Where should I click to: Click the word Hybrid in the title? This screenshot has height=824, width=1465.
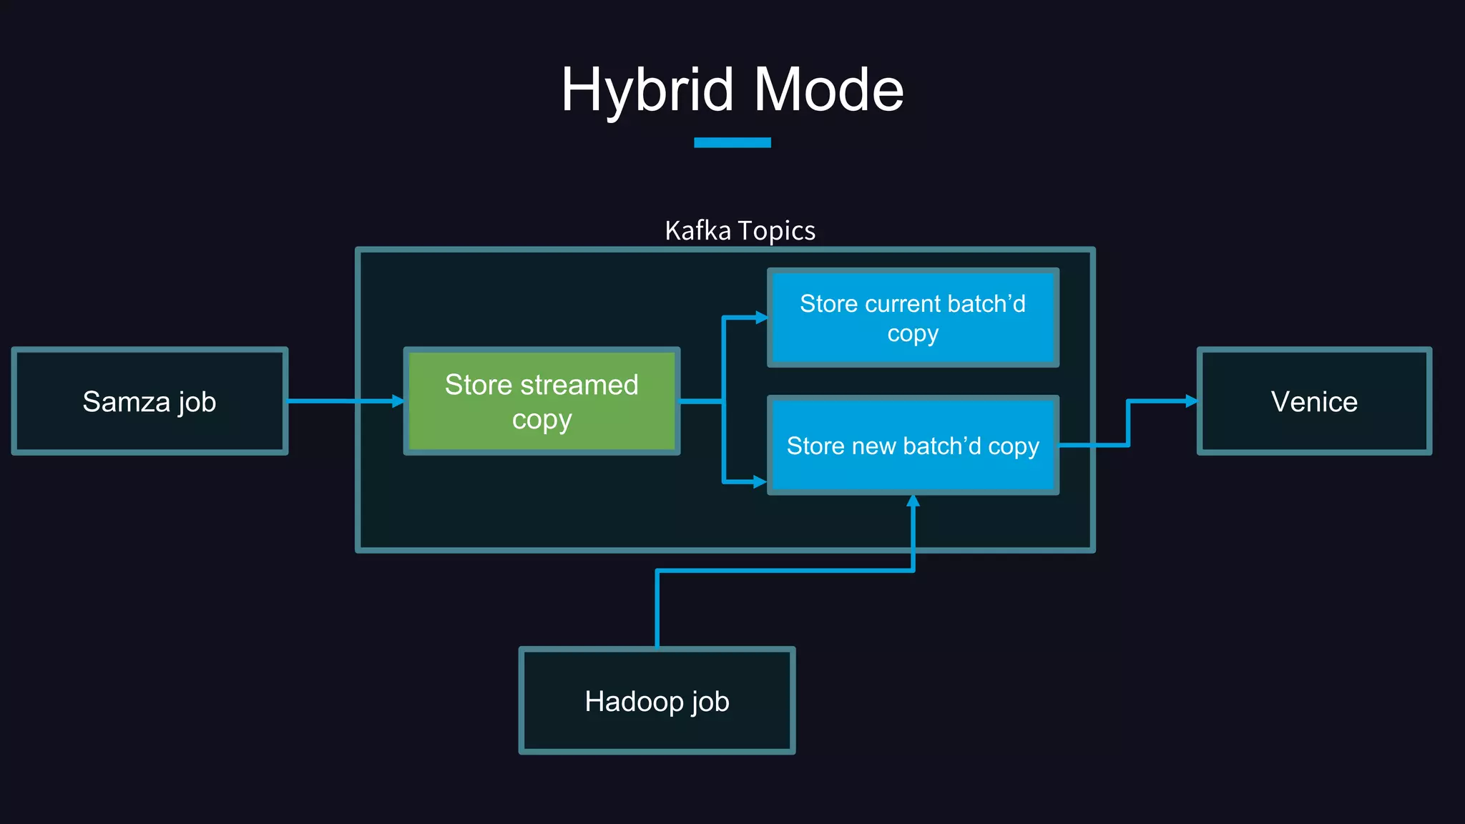point(647,90)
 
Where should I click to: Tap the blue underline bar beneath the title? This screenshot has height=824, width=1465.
point(732,142)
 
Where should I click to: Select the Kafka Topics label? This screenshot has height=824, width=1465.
point(740,231)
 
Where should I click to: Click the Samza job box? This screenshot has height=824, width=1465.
point(150,401)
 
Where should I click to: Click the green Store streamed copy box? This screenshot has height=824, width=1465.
point(542,401)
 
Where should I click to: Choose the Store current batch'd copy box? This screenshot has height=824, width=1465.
point(913,318)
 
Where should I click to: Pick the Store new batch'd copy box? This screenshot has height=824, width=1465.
point(913,445)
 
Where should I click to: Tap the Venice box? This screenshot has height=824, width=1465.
point(1314,401)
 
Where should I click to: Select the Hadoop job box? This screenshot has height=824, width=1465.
point(657,701)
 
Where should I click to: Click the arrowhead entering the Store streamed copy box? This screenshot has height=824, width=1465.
point(398,401)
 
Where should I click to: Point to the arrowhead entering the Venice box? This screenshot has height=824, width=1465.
point(1191,401)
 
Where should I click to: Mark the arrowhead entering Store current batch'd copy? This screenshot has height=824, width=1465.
point(761,317)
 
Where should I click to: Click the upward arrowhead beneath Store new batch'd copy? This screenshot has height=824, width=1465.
point(913,501)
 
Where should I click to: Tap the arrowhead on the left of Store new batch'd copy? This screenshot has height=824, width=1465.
point(760,482)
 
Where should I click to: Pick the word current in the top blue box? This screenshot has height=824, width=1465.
point(903,304)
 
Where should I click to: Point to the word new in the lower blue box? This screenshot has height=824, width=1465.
point(874,446)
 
